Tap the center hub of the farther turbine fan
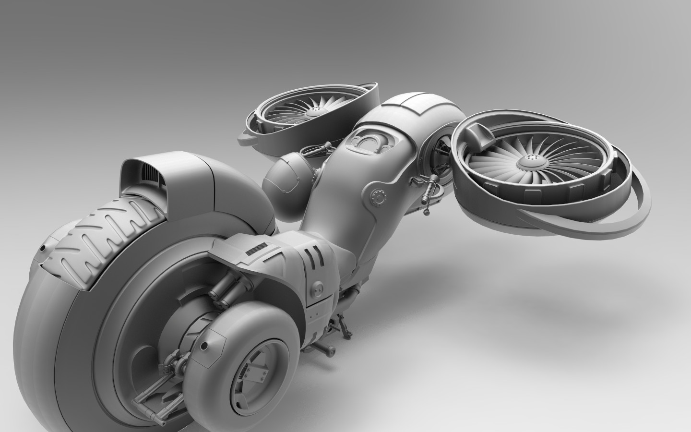[314, 112]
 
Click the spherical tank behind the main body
[284, 180]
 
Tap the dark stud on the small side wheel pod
[204, 345]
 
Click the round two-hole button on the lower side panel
[318, 289]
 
